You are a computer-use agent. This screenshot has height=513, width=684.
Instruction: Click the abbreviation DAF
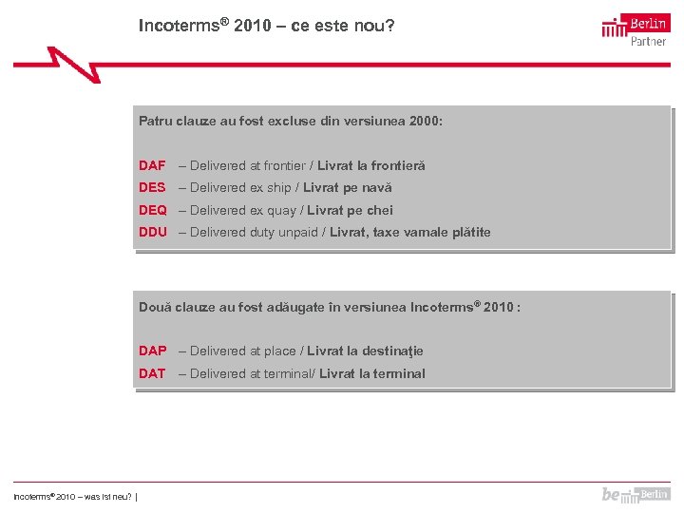[152, 165]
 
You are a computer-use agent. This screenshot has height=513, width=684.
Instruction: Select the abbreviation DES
[152, 188]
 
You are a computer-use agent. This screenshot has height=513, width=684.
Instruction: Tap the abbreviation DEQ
[153, 210]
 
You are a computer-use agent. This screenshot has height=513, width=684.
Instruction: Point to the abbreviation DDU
[153, 232]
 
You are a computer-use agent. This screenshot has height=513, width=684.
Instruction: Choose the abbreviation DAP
[153, 351]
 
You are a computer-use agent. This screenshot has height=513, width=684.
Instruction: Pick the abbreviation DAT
[152, 373]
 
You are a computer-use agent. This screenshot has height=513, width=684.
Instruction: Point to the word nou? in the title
[373, 26]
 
